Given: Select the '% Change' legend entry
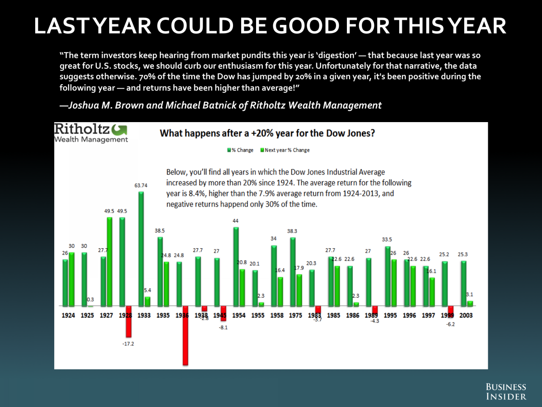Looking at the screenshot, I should pos(240,150).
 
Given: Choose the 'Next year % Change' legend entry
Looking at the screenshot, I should pos(285,150).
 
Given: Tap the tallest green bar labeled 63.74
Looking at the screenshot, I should pos(141,249).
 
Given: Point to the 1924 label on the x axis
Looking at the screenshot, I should pos(69,315).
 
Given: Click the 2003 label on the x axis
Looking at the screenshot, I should pos(466,315).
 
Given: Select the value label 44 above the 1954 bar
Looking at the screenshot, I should pos(236,220).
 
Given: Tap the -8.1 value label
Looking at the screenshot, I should pos(223,327).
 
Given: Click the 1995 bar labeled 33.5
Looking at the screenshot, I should pos(387,276).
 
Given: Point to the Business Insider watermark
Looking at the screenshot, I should pos(506,392).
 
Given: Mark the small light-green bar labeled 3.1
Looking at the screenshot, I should pos(470,303).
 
